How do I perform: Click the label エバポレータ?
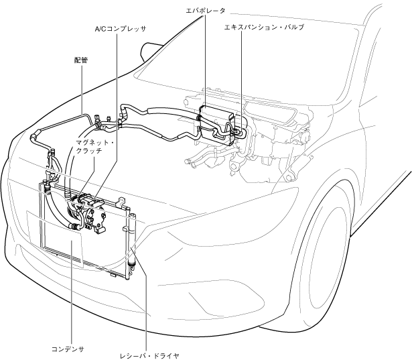pyautogui.click(x=205, y=11)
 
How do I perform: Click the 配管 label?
pyautogui.click(x=80, y=60)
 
